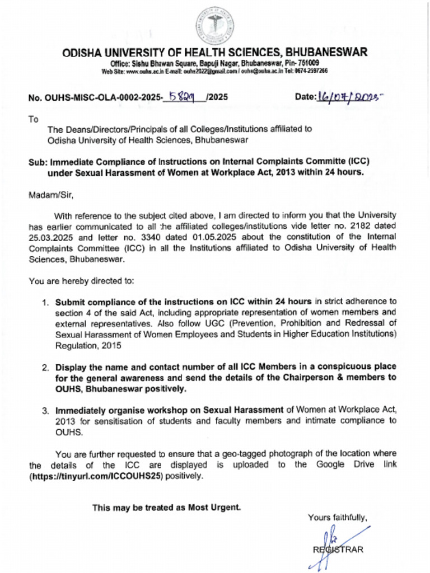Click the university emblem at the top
pyautogui.click(x=214, y=26)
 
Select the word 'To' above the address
pyautogui.click(x=33, y=119)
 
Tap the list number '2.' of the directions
pyautogui.click(x=46, y=368)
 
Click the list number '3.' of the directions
pyautogui.click(x=46, y=411)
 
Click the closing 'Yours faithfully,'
pyautogui.click(x=337, y=518)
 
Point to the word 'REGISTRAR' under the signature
pyautogui.click(x=338, y=549)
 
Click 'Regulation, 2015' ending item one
pyautogui.click(x=88, y=345)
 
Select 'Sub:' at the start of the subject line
pyautogui.click(x=38, y=162)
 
